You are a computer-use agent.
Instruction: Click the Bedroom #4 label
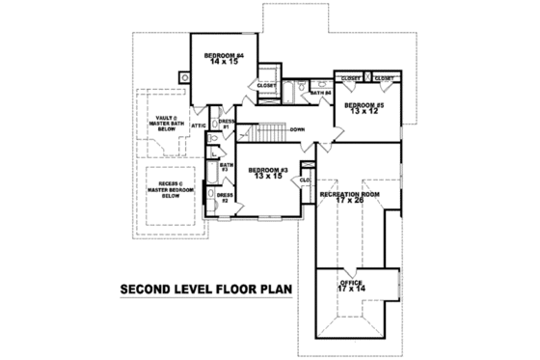(x=224, y=56)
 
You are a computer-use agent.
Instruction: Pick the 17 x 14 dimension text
(x=351, y=288)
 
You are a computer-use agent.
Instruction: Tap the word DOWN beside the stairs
(x=298, y=128)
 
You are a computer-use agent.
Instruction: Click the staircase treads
(x=262, y=130)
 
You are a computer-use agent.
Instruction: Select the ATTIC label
(x=200, y=125)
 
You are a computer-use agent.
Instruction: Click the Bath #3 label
(x=226, y=167)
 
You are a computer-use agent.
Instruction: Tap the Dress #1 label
(x=226, y=124)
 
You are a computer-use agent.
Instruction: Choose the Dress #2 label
(x=224, y=198)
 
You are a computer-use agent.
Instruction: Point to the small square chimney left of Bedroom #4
(x=183, y=76)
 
